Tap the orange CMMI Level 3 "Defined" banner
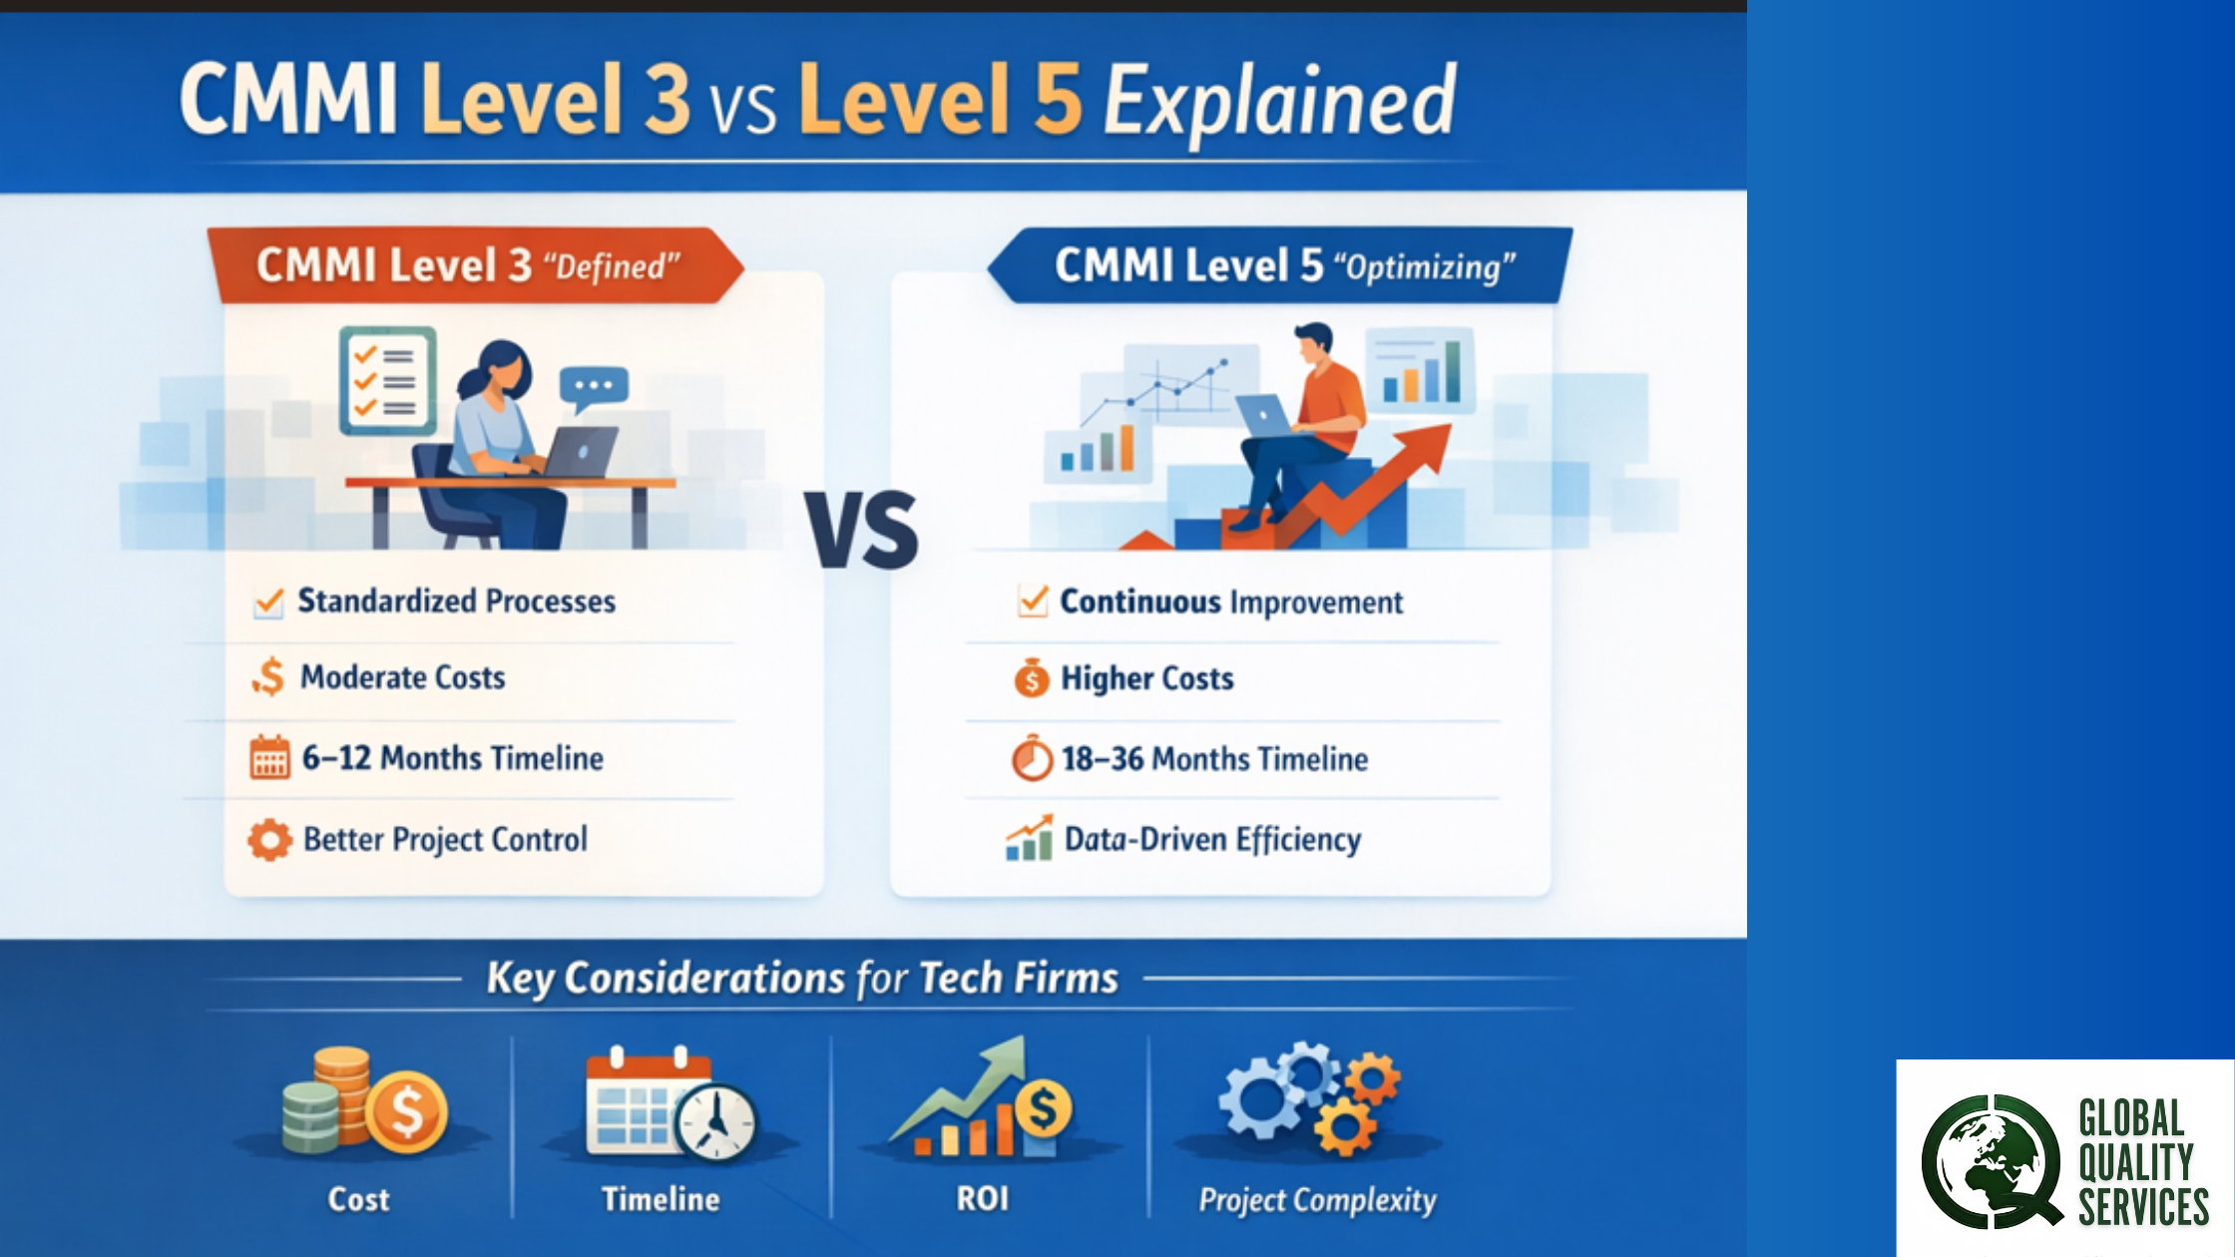tap(475, 265)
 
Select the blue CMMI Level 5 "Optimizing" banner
tap(1281, 265)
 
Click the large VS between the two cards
tap(862, 530)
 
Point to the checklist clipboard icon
tap(387, 381)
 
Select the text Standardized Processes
tap(457, 601)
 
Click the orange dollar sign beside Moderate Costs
tap(268, 677)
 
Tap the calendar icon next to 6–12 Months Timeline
tap(269, 757)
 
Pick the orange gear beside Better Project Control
tap(269, 840)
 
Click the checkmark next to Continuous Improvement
tap(1034, 601)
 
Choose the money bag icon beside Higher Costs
tap(1032, 677)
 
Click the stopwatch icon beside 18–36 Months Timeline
tap(1033, 758)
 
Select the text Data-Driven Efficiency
tap(1212, 840)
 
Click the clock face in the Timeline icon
tap(715, 1122)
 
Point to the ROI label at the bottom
tap(983, 1198)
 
